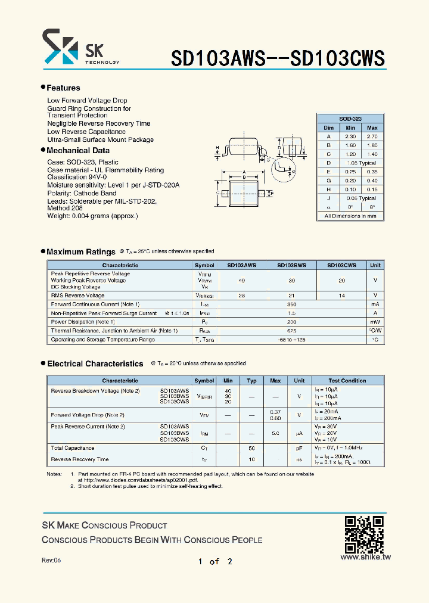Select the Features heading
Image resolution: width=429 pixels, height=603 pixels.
pyautogui.click(x=63, y=88)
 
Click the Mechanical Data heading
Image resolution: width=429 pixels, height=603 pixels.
pyautogui.click(x=77, y=151)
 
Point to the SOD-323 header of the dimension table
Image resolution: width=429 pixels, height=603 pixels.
pyautogui.click(x=350, y=119)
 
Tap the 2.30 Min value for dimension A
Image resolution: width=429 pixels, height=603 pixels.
pyautogui.click(x=350, y=136)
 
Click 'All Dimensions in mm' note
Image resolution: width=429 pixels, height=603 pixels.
pyautogui.click(x=350, y=216)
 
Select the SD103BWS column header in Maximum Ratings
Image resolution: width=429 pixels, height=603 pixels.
pyautogui.click(x=291, y=265)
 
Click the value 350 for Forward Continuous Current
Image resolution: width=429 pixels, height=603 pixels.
pyautogui.click(x=291, y=304)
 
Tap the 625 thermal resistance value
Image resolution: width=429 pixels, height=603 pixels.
pyautogui.click(x=291, y=331)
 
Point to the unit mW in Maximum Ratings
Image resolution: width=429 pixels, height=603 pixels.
pyautogui.click(x=375, y=322)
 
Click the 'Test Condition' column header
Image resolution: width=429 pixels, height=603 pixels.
pyautogui.click(x=347, y=380)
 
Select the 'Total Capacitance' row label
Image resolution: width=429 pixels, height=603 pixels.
pyautogui.click(x=73, y=448)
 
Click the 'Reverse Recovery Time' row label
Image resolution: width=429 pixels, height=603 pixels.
pyautogui.click(x=80, y=459)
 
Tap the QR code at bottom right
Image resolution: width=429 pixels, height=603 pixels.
pyautogui.click(x=365, y=534)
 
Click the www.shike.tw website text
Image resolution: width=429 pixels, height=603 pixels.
pyautogui.click(x=365, y=557)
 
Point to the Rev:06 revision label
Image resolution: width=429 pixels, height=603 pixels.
pyautogui.click(x=51, y=561)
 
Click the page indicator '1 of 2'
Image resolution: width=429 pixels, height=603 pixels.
pyautogui.click(x=214, y=561)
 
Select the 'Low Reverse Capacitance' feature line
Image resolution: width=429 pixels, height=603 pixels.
pyautogui.click(x=86, y=132)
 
